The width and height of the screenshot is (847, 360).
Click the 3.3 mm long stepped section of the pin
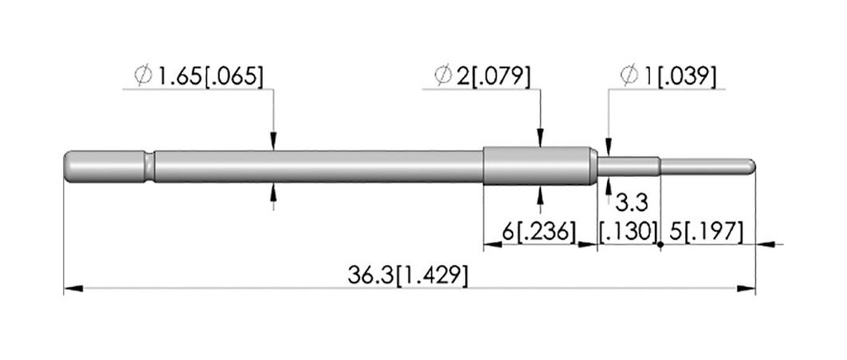tap(629, 166)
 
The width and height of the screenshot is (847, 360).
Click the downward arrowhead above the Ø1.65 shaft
tap(274, 142)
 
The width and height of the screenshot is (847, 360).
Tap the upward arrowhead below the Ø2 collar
tap(539, 193)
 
